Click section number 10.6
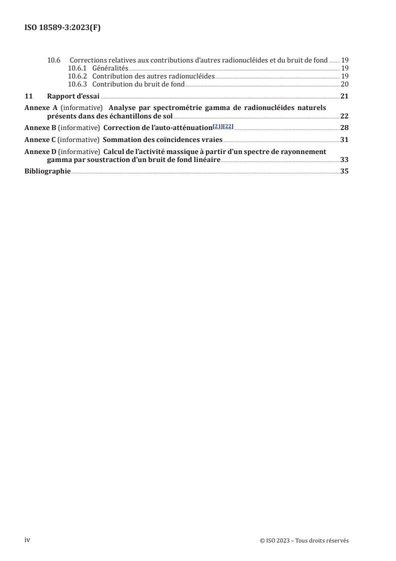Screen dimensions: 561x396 pos(53,60)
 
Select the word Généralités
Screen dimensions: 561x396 pos(110,68)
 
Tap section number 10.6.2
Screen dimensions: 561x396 pos(77,76)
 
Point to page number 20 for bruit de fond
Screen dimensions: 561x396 pos(345,84)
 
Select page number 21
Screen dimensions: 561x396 pos(345,96)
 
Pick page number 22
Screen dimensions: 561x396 pos(345,116)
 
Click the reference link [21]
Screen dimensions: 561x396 pos(217,126)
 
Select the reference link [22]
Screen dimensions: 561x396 pos(228,126)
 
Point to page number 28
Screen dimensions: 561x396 pos(345,127)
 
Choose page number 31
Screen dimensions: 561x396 pos(345,139)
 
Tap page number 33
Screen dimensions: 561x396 pos(345,160)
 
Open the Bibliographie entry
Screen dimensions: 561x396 pos(47,171)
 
